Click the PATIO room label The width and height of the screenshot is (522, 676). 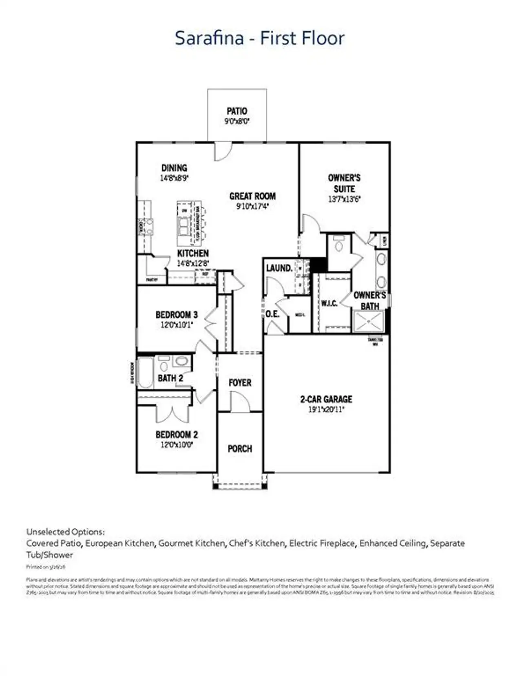point(237,111)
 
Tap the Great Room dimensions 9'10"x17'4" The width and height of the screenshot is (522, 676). point(252,206)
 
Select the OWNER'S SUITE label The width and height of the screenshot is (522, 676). point(344,183)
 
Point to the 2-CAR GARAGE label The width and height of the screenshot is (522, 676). point(326,399)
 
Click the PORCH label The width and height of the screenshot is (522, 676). point(240,448)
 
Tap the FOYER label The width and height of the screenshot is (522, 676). point(240,382)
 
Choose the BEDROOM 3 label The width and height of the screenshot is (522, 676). point(177,315)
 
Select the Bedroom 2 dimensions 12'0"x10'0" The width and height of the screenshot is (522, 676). point(177,444)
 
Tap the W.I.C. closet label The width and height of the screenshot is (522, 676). point(329,303)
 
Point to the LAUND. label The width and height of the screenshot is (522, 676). point(279,268)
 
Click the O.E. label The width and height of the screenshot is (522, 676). point(272,314)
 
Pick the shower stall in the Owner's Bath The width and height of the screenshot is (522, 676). point(369,321)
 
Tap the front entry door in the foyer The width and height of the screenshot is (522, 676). point(240,402)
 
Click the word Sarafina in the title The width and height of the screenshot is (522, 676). point(209,38)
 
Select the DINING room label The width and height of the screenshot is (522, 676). point(174,168)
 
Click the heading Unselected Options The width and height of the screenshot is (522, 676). point(65,532)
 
